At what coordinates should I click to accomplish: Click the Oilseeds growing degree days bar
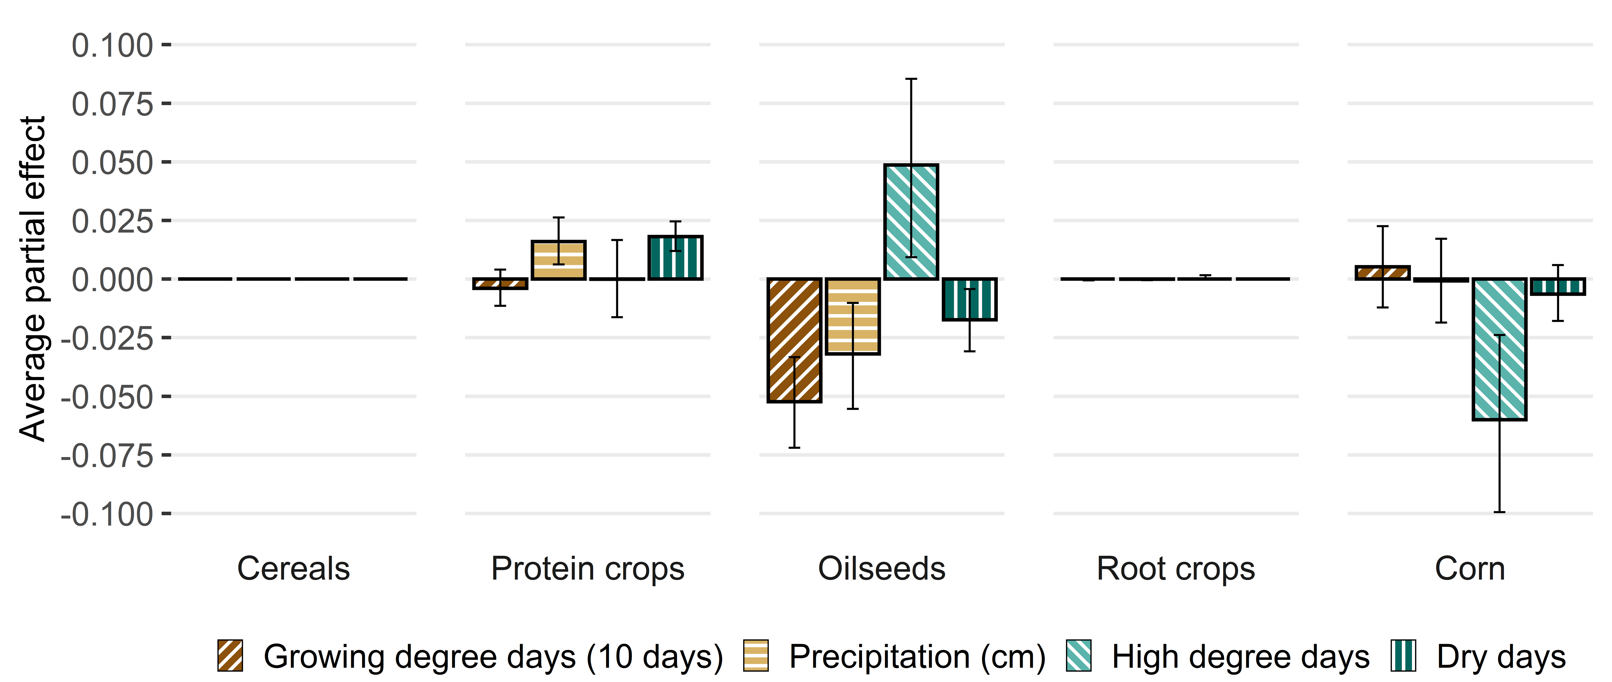(794, 340)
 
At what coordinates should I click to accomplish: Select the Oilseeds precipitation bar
(852, 316)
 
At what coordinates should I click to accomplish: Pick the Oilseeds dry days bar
(969, 299)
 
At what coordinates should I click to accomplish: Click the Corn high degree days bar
(1499, 349)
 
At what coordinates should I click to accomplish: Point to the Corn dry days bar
(1558, 286)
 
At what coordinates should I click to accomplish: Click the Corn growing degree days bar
(1382, 272)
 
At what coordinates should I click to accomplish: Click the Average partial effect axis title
(32, 279)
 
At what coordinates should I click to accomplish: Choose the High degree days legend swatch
(1078, 656)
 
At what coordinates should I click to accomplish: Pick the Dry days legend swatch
(1403, 656)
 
